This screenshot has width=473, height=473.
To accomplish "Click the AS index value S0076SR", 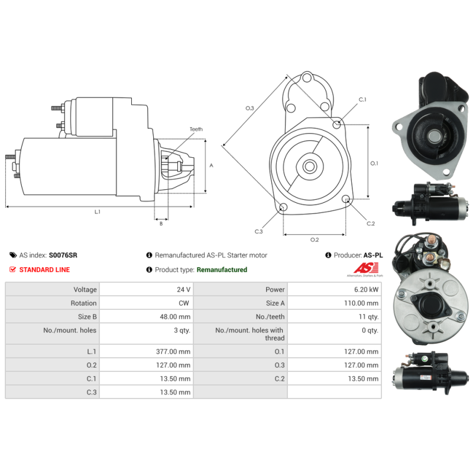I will click(63, 255).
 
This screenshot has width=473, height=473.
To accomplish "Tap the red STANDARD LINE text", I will click(44, 270).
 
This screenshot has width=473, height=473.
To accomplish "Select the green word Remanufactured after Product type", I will click(222, 270).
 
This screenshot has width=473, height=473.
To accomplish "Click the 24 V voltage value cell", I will click(183, 290).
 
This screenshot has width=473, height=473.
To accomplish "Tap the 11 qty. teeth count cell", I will click(370, 317).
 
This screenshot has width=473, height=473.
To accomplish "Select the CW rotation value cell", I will click(185, 303).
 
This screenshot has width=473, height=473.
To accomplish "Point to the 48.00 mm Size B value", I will click(176, 317).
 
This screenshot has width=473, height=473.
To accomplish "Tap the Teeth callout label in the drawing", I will click(196, 129).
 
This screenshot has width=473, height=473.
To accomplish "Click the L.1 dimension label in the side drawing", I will click(97, 212).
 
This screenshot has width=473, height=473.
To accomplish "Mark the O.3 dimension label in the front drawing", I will click(250, 108).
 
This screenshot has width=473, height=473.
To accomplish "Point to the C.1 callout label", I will click(362, 99).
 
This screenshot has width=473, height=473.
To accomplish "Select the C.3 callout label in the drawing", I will click(258, 232).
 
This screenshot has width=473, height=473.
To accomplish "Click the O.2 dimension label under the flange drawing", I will click(315, 239).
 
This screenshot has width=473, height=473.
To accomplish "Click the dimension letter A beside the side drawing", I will click(211, 166).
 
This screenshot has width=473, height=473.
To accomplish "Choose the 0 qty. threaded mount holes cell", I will click(370, 331).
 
